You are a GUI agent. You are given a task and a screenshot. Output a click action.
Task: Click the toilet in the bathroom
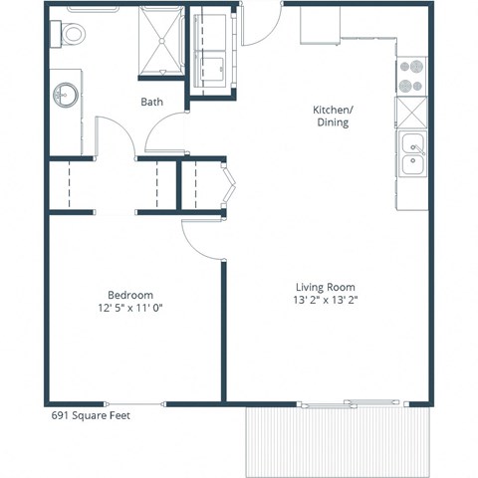[x=73, y=32]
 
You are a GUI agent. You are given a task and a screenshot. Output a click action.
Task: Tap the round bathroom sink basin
[x=65, y=96]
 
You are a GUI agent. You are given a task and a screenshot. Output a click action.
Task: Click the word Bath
[x=151, y=102]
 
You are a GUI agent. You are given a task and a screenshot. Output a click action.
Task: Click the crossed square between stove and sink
[x=411, y=112]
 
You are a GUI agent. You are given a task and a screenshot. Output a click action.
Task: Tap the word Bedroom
[x=130, y=295]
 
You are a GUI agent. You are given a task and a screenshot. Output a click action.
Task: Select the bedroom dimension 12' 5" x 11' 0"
[x=130, y=308]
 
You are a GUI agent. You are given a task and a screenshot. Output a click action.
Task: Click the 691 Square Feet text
[x=91, y=416]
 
